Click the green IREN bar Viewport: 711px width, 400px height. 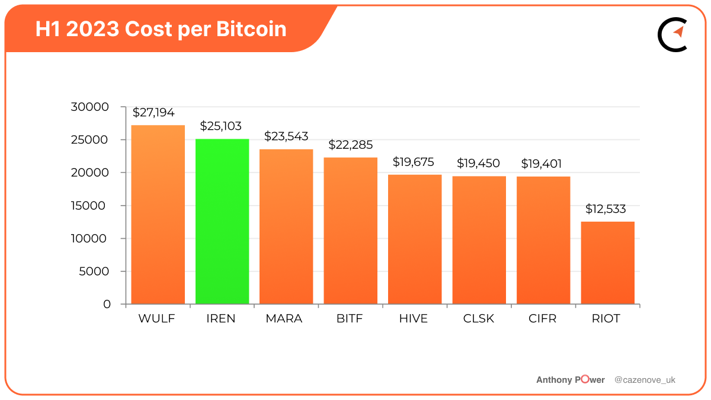pyautogui.click(x=222, y=222)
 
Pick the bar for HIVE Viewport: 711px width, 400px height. pyautogui.click(x=415, y=239)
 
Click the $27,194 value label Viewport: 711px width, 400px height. pyautogui.click(x=153, y=113)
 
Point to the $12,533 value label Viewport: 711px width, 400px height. pyautogui.click(x=606, y=209)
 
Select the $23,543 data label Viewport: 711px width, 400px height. pyautogui.click(x=286, y=136)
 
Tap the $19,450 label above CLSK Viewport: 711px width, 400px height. pyautogui.click(x=478, y=164)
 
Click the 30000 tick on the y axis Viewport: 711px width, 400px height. pyautogui.click(x=89, y=107)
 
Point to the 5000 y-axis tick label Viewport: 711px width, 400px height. pyautogui.click(x=94, y=271)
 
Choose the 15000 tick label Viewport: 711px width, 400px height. pyautogui.click(x=89, y=206)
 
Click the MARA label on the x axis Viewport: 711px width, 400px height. pyautogui.click(x=284, y=319)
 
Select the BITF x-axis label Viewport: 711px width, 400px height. pyautogui.click(x=349, y=319)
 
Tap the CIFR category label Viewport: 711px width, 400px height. pyautogui.click(x=542, y=319)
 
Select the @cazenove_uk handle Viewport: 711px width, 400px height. pyautogui.click(x=645, y=380)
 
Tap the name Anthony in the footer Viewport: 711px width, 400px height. pyautogui.click(x=554, y=380)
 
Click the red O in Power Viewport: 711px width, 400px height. pyautogui.click(x=585, y=380)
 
